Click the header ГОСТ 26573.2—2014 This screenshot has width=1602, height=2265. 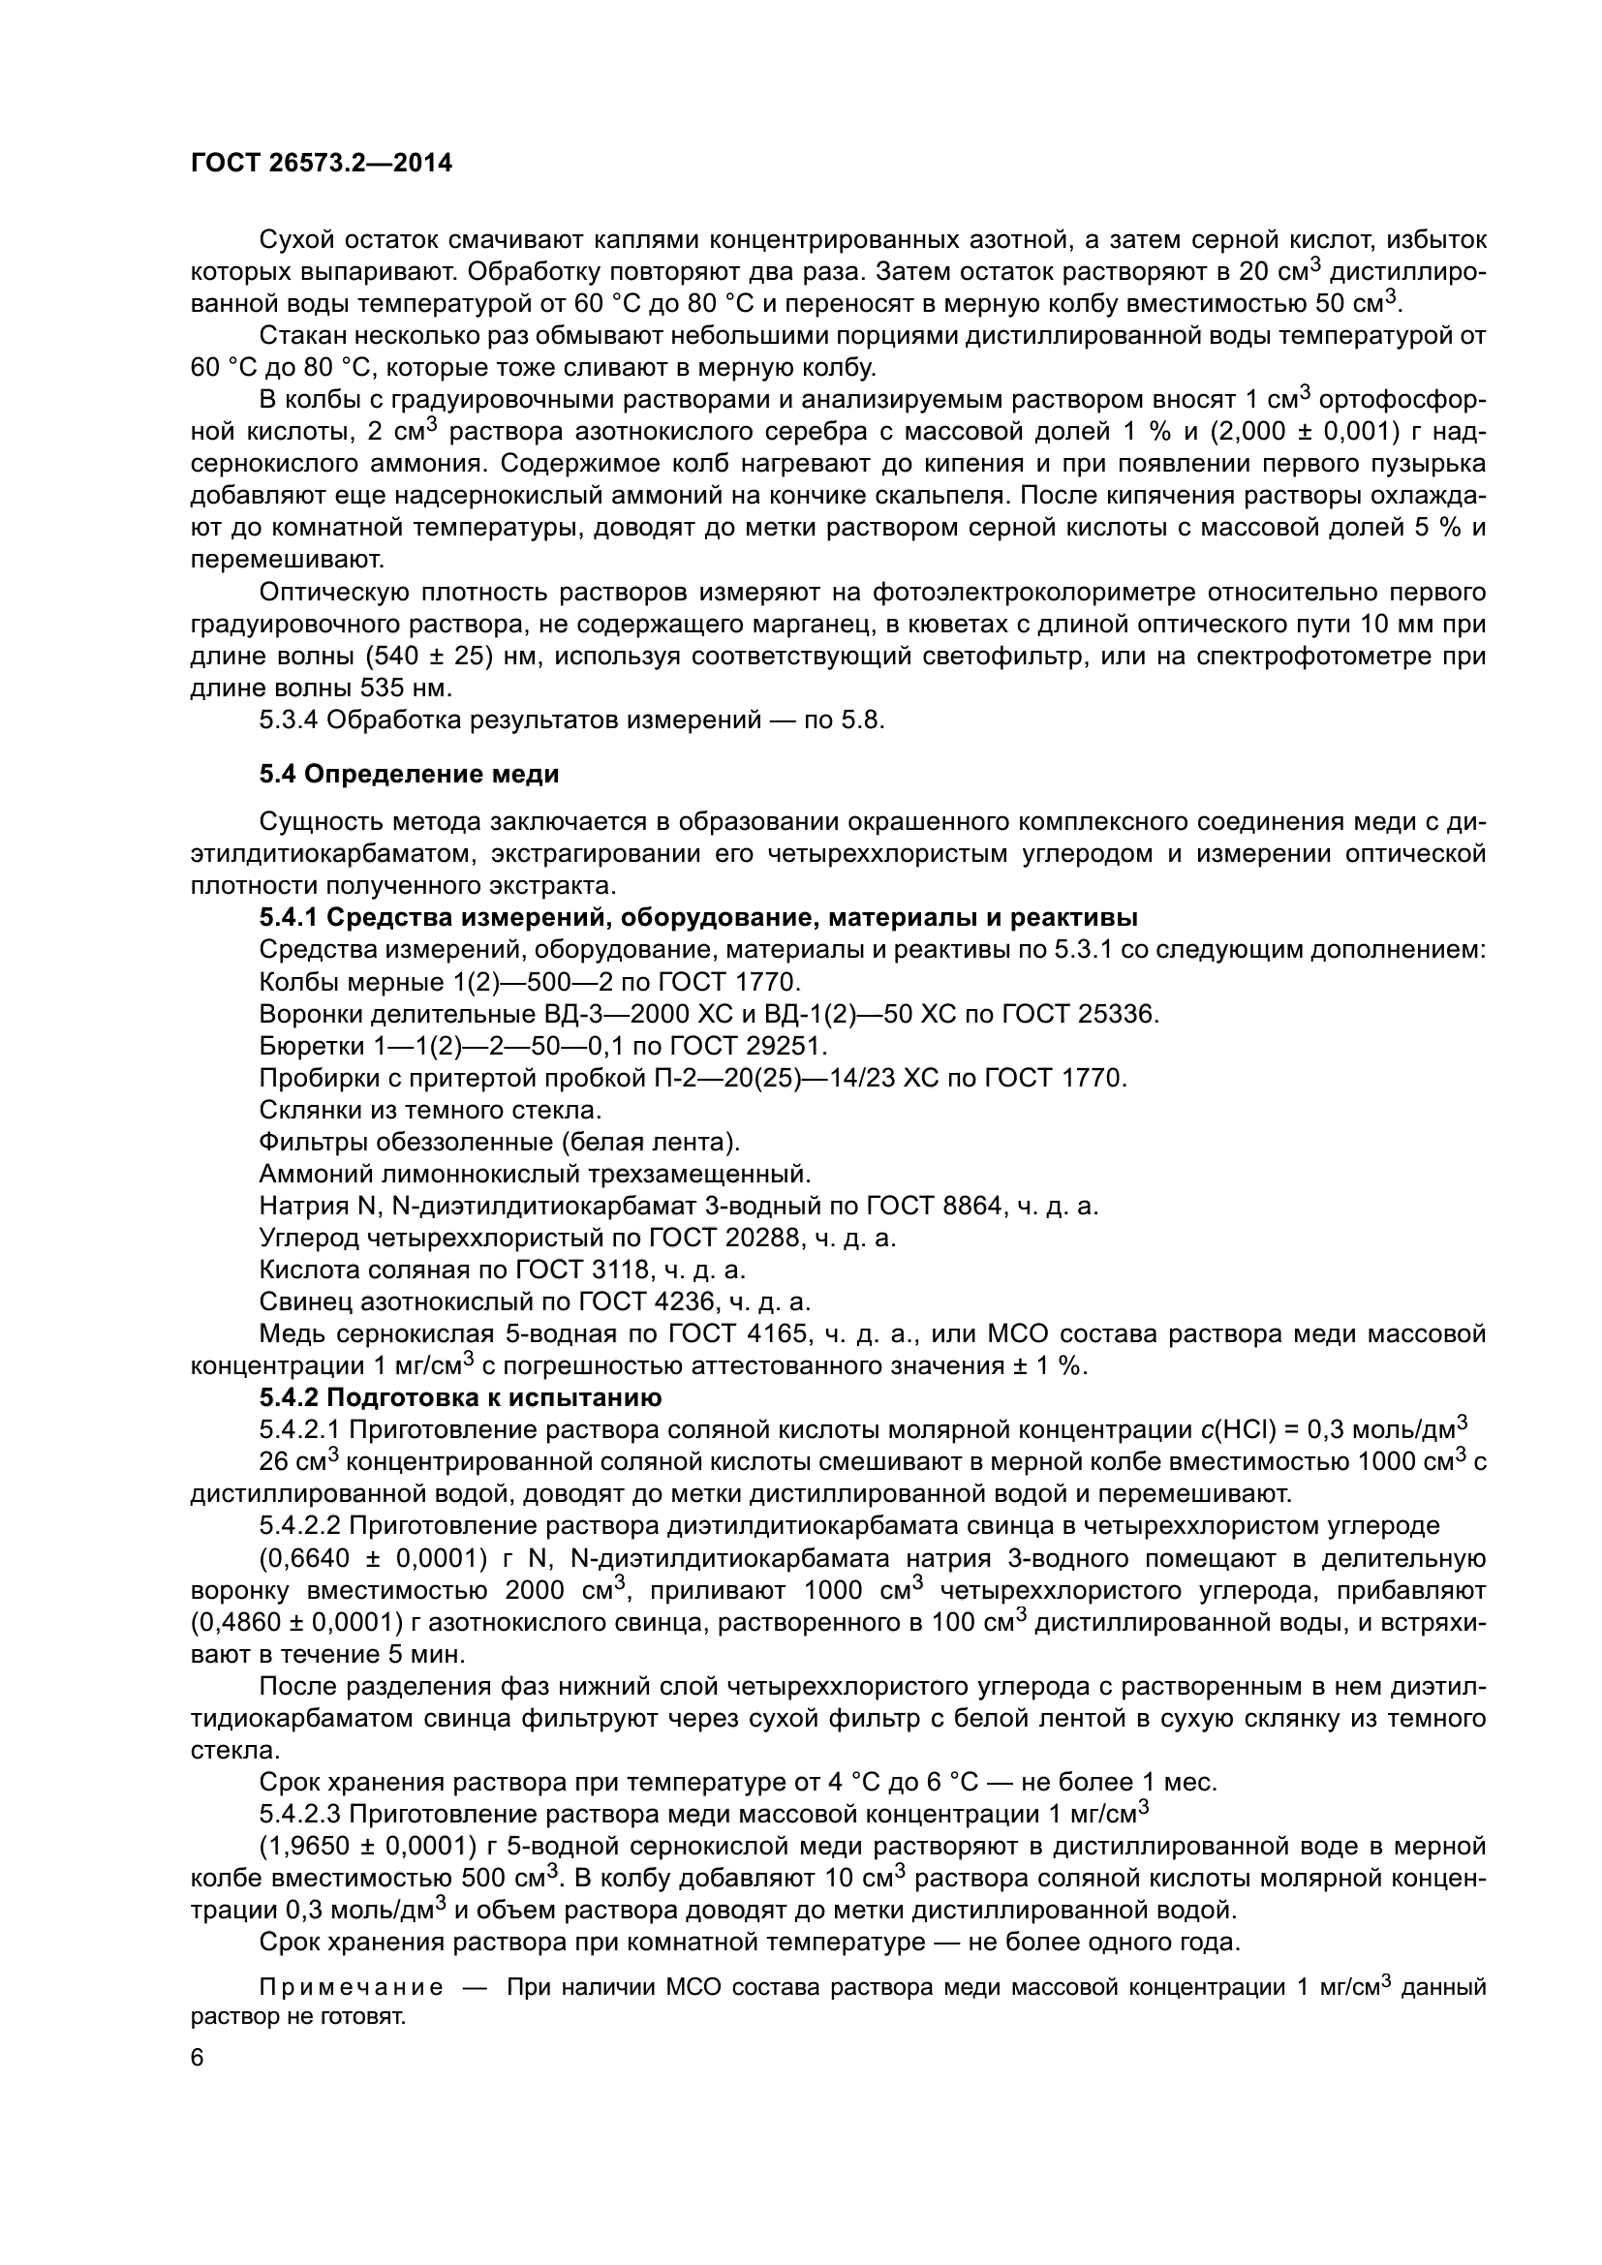[321, 164]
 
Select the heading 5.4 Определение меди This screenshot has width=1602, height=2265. [410, 775]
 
